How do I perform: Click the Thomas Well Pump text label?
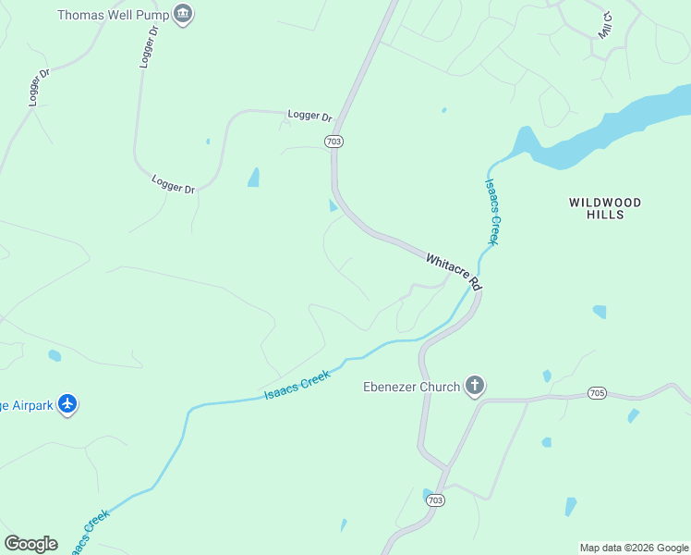tap(112, 15)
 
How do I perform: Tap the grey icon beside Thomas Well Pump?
tap(184, 15)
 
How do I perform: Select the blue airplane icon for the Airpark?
tap(67, 404)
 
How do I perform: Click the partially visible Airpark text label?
tap(25, 404)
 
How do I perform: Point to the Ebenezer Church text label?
tap(410, 387)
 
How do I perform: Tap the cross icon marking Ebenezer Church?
tap(475, 386)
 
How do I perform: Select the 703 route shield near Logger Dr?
tap(334, 141)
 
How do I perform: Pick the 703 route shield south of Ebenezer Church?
tap(435, 499)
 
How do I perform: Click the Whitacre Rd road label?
tap(455, 271)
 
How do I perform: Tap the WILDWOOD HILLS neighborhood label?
tap(605, 208)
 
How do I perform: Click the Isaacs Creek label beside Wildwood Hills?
tap(492, 211)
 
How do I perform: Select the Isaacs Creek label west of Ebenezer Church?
tap(297, 388)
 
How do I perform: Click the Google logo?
tap(30, 544)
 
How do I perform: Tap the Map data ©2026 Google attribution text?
tap(634, 548)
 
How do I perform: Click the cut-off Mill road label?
tap(605, 25)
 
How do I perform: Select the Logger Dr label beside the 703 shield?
tap(309, 116)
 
